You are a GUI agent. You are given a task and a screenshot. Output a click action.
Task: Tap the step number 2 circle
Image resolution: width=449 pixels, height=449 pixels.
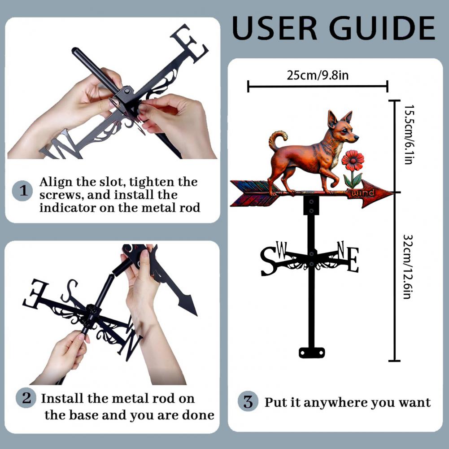[x=26, y=398]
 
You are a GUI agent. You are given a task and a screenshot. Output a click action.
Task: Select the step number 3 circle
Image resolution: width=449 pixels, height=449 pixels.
[x=248, y=401]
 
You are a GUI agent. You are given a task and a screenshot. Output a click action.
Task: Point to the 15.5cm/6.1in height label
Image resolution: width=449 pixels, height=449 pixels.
[x=408, y=135]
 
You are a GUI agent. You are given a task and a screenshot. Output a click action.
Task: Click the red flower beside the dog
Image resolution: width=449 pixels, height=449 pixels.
[x=353, y=161]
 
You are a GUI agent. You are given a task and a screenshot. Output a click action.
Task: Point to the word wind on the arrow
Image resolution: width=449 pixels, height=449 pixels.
[x=362, y=193]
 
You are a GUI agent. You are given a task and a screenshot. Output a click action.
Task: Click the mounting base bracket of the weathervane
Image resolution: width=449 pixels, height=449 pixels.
[x=311, y=353]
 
